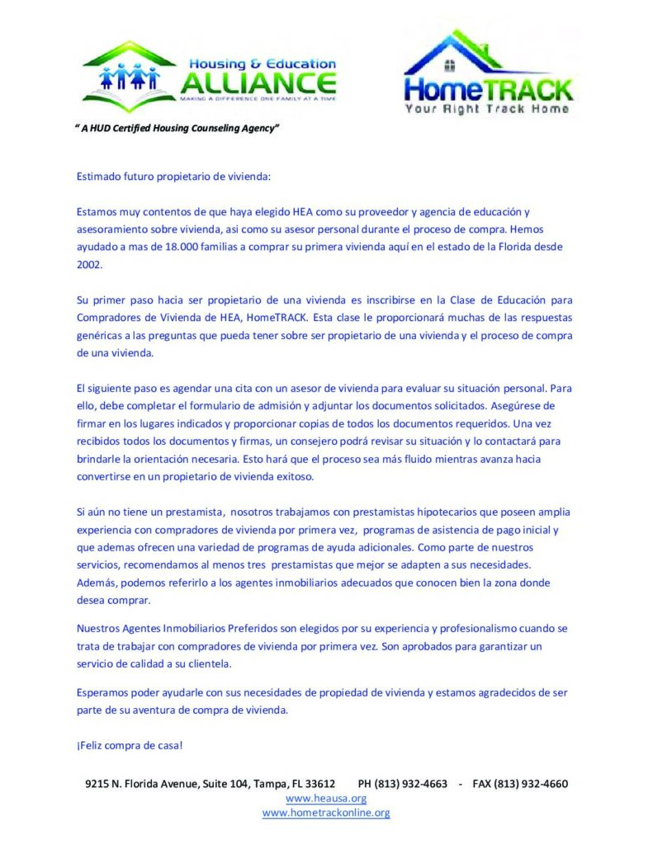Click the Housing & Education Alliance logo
point(210,76)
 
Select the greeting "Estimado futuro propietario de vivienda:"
point(173,176)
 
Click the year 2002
point(89,264)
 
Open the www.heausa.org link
point(326,798)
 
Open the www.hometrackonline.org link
point(326,813)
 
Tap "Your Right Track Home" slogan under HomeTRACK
point(486,109)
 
